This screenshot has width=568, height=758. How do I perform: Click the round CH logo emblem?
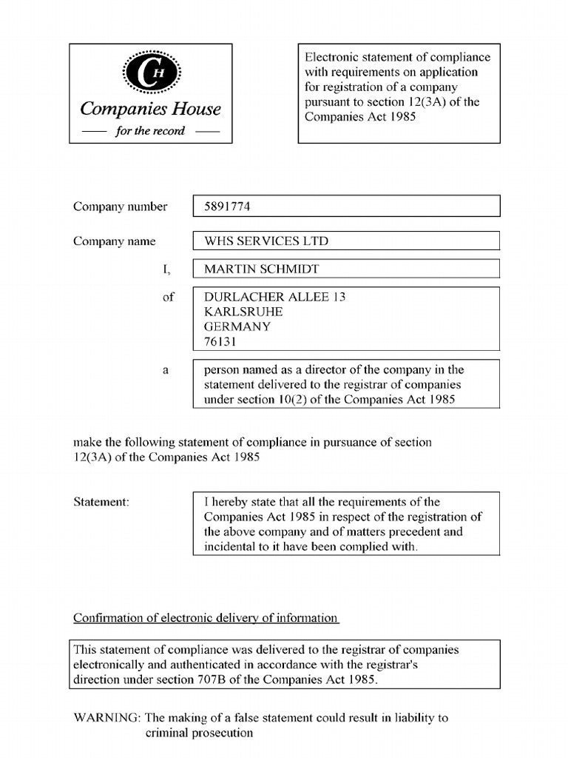[x=150, y=72]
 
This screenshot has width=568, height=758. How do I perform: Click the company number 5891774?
[x=227, y=207]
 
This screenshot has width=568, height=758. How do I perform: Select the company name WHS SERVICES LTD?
[x=266, y=241]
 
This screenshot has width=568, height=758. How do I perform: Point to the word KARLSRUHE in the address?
[x=243, y=312]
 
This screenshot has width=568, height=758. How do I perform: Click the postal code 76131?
[x=220, y=342]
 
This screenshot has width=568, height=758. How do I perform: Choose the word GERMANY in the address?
[x=237, y=326]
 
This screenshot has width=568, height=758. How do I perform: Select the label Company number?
[x=120, y=207]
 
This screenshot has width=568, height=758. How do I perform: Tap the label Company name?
[x=115, y=241]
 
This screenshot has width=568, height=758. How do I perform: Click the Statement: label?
[x=101, y=502]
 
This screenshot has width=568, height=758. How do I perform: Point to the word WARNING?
[x=106, y=718]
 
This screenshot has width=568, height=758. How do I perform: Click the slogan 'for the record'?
[x=150, y=131]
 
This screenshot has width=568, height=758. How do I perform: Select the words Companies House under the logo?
[x=150, y=110]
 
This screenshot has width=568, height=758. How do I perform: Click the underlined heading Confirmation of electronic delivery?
[x=206, y=618]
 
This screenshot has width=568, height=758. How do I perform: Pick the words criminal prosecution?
[x=199, y=734]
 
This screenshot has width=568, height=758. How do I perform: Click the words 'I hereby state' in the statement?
[x=239, y=502]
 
